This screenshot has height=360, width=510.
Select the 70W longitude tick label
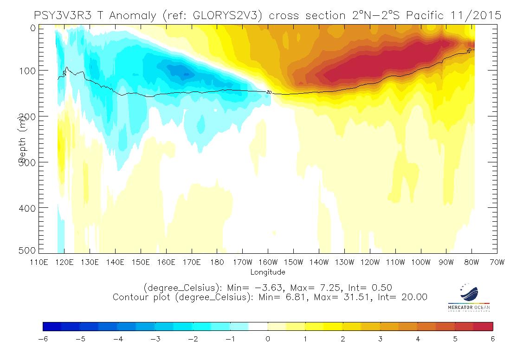497,262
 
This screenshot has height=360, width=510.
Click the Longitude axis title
268,272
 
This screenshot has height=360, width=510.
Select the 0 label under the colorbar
268,339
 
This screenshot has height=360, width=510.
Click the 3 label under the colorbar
380,339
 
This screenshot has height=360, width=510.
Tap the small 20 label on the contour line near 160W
269,92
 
